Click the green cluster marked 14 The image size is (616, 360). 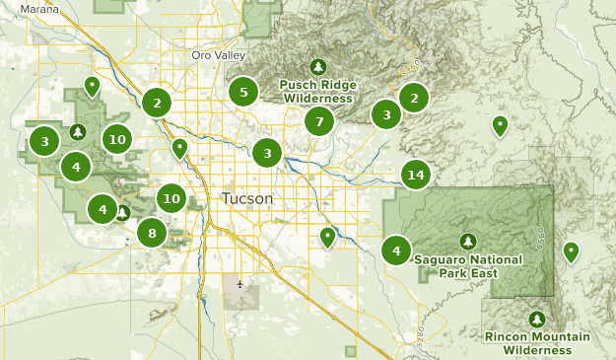coord(416,175)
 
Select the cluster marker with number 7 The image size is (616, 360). coord(317,122)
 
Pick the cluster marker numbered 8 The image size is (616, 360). coord(152,233)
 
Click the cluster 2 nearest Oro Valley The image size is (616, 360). coord(156,102)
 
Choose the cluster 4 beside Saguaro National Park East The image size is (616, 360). coord(396,250)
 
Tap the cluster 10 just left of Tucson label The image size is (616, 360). coord(172,198)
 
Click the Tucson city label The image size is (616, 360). coord(247,198)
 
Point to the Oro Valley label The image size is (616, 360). coord(216,55)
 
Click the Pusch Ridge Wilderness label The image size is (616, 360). coord(317,92)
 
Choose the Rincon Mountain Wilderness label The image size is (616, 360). coord(537,343)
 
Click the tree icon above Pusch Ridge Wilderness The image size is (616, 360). coord(317,66)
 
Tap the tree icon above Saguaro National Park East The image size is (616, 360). coord(467,241)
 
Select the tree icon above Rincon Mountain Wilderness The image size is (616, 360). coord(537,320)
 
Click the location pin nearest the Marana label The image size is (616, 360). coord(92,86)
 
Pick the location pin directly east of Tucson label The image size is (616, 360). coord(327,237)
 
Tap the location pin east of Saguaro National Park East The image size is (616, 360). coord(570,252)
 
